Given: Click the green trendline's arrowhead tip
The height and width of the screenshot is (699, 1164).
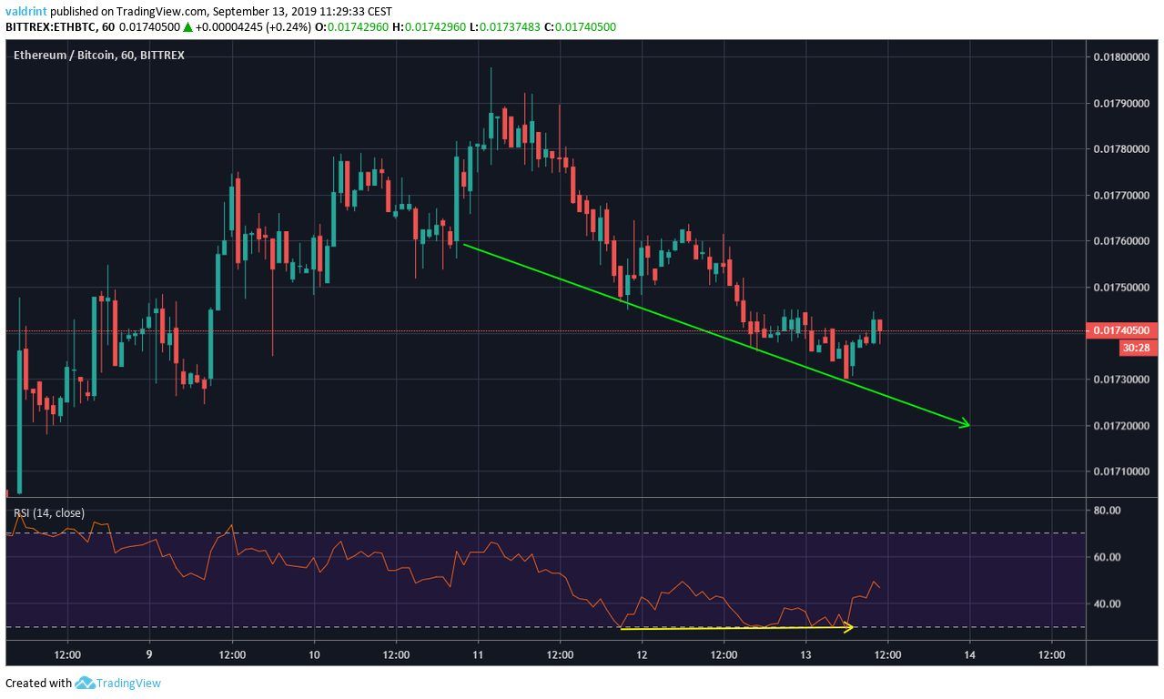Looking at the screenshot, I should tap(969, 425).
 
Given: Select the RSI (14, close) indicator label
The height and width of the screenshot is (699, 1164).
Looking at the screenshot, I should tap(49, 513).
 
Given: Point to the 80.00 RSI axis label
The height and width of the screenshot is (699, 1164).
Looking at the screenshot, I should tap(1106, 511).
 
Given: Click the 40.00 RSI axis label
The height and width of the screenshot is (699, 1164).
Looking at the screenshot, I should tap(1106, 603).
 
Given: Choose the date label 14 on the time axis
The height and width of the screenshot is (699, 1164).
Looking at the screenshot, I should tap(969, 653).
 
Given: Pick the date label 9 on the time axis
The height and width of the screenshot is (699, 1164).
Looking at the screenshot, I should tap(149, 653).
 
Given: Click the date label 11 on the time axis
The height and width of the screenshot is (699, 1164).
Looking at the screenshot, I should tap(477, 653).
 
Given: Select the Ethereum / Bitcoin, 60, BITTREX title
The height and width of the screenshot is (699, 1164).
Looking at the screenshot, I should tap(99, 56).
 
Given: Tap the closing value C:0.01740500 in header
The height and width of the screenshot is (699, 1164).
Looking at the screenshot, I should tap(581, 26).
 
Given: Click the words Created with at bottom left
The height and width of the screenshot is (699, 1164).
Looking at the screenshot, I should tap(38, 684).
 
